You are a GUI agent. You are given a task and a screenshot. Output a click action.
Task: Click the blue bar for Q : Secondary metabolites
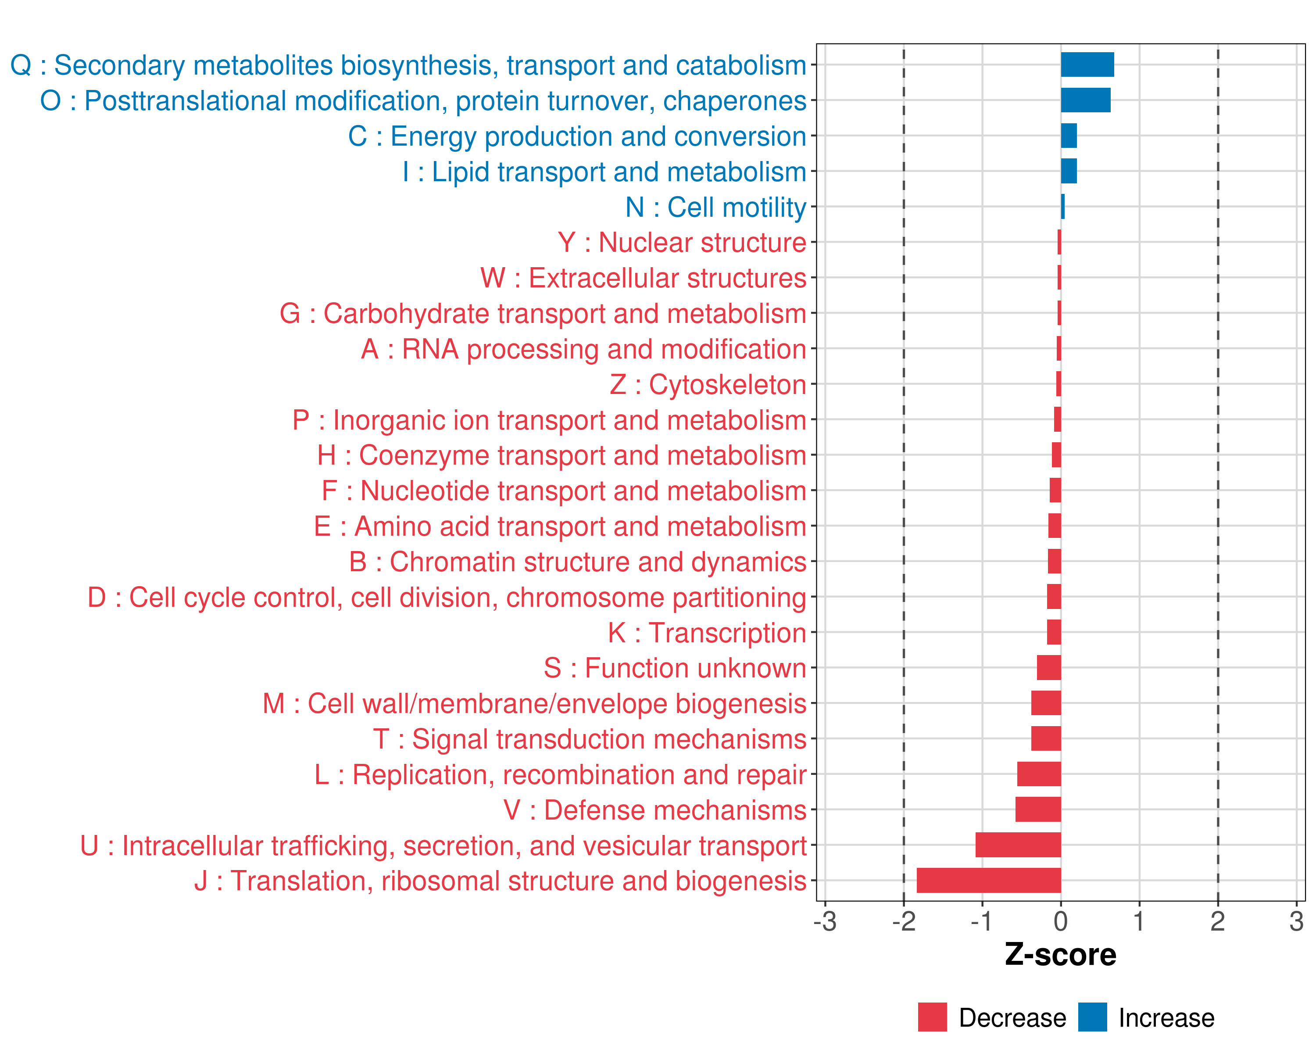coord(1087,64)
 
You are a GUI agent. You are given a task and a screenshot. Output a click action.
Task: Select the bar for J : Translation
coord(989,880)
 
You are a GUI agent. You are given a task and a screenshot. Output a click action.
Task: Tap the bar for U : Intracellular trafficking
coord(1018,845)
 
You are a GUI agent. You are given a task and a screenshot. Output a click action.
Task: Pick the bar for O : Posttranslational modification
coord(1085,100)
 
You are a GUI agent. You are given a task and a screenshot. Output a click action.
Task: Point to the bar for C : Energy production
coord(1069,136)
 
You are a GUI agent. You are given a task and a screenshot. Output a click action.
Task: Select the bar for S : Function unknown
coord(1049,667)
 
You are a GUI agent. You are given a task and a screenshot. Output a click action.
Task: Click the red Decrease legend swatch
coord(932,1017)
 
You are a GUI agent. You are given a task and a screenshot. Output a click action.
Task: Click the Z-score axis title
coord(1060,954)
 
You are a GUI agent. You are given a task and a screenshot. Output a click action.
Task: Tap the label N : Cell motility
coord(715,208)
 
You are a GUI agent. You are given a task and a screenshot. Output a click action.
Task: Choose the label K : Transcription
coord(707,632)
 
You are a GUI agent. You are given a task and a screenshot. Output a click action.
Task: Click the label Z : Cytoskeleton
coord(708,385)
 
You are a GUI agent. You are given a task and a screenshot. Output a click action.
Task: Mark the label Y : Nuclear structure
coord(682,242)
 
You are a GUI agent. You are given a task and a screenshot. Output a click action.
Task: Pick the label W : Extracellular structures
coord(644,278)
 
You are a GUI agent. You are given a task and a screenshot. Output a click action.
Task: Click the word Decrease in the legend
coord(1012,1017)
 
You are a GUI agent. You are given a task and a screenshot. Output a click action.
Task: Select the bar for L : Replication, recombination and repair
coord(1039,774)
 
